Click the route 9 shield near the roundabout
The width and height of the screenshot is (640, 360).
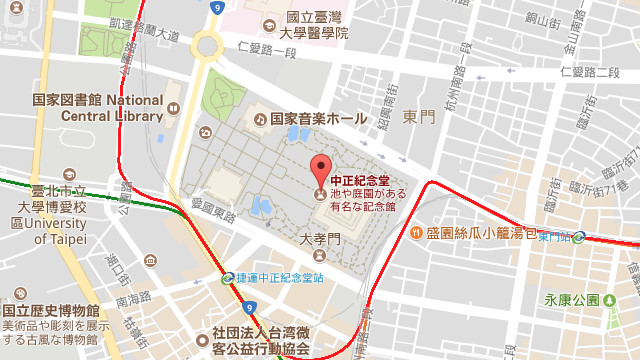[217, 7]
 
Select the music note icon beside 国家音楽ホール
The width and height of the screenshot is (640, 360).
[260, 119]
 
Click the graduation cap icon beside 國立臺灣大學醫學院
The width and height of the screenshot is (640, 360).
[267, 25]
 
